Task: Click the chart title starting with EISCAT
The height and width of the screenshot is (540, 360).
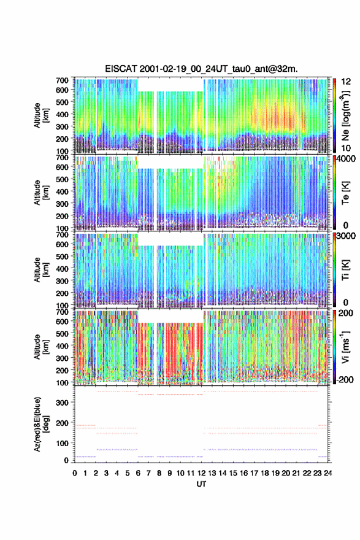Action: pyautogui.click(x=201, y=69)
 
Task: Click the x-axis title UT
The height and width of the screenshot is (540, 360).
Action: pyautogui.click(x=201, y=484)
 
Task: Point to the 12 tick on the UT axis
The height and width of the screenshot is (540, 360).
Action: pyautogui.click(x=201, y=473)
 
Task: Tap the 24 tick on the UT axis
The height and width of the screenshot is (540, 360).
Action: pyautogui.click(x=327, y=473)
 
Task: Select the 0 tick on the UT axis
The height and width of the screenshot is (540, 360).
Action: pyautogui.click(x=75, y=473)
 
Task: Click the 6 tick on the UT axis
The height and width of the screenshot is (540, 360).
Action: pyautogui.click(x=138, y=473)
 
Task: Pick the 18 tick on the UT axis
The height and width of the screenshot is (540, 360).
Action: pyautogui.click(x=265, y=473)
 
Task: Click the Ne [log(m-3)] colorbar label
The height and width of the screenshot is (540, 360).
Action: pyautogui.click(x=346, y=115)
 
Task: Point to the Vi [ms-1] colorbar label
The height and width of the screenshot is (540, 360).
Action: pyautogui.click(x=346, y=347)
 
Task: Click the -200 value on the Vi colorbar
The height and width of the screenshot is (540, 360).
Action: pyautogui.click(x=344, y=379)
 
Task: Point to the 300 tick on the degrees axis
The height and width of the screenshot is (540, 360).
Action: pyautogui.click(x=62, y=403)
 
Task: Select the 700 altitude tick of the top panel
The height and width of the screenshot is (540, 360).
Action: pyautogui.click(x=62, y=80)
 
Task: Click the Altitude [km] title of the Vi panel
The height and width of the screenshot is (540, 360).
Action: pyautogui.click(x=41, y=347)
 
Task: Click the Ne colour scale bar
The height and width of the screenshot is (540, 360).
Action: pyautogui.click(x=334, y=115)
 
